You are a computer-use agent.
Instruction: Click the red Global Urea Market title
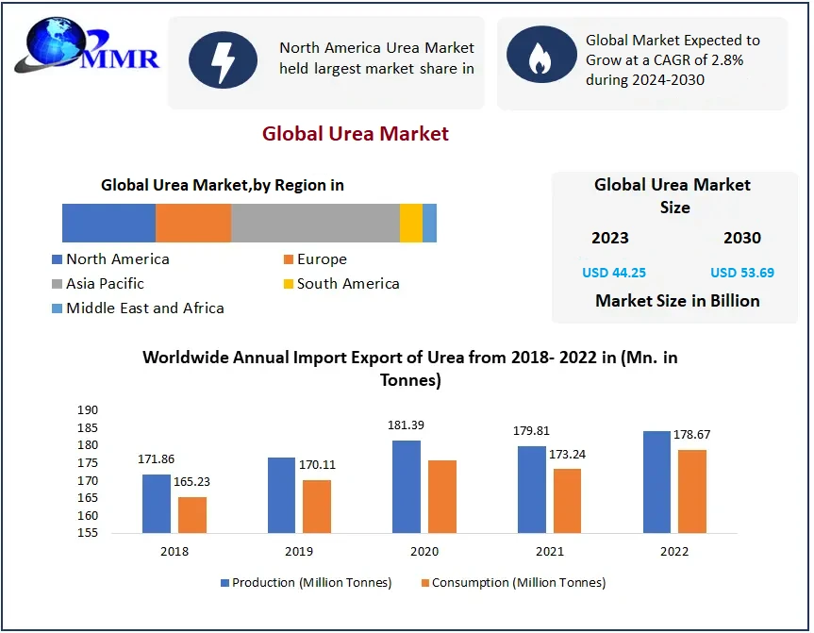356,134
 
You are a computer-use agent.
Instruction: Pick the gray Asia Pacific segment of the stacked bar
315,223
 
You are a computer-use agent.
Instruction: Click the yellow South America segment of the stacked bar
411,223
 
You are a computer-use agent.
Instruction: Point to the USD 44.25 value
614,273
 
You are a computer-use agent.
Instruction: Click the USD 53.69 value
742,273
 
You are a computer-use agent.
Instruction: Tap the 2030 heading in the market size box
742,238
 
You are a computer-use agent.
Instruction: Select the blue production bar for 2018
157,504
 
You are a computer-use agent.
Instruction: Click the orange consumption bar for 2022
692,491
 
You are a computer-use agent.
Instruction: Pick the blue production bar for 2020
407,487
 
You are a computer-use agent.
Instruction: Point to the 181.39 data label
406,425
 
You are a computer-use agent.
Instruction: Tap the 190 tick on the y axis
88,410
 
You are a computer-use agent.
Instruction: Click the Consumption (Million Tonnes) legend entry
513,583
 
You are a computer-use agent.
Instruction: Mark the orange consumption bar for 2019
317,507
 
